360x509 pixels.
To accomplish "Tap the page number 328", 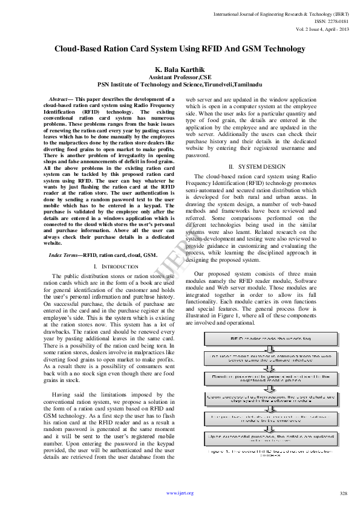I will (x=344, y=493).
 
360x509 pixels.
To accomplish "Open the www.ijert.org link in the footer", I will (x=180, y=493).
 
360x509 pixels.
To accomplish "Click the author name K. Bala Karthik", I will (x=180, y=70).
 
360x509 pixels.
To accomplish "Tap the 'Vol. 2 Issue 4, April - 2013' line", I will (x=322, y=28).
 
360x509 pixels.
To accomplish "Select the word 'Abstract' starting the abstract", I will (x=59, y=98).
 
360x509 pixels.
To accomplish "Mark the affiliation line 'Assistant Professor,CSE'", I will (x=180, y=79).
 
